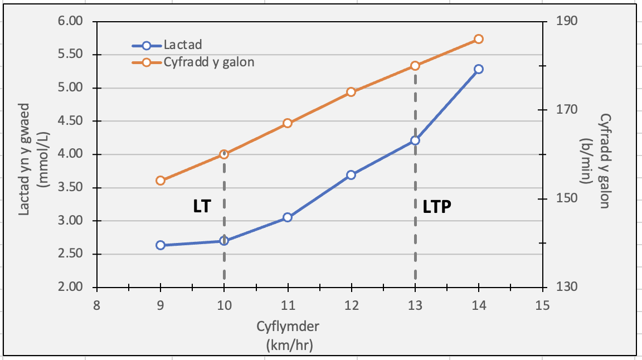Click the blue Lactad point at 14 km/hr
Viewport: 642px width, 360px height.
(478, 69)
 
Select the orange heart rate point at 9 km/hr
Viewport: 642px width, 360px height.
(160, 181)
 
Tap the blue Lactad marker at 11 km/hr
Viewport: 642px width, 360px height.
(288, 217)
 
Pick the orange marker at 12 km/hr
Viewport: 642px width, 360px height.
(351, 92)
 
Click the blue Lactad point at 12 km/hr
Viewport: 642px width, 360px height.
(351, 175)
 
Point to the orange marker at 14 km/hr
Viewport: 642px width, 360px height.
(478, 40)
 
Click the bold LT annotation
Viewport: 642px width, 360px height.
(202, 206)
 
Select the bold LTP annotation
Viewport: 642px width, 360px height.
(437, 207)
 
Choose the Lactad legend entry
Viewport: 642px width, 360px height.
(167, 45)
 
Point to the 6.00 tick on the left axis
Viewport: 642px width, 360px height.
(70, 21)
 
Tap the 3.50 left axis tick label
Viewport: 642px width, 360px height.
(70, 188)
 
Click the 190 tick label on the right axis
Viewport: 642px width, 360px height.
(567, 21)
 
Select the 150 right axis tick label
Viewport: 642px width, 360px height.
(567, 198)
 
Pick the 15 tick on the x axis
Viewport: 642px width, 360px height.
(542, 305)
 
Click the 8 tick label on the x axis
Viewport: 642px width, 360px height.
(96, 305)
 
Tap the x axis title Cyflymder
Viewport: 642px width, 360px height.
(288, 327)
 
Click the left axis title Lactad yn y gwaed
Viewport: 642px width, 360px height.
(24, 159)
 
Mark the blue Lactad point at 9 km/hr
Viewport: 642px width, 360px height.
(160, 245)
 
